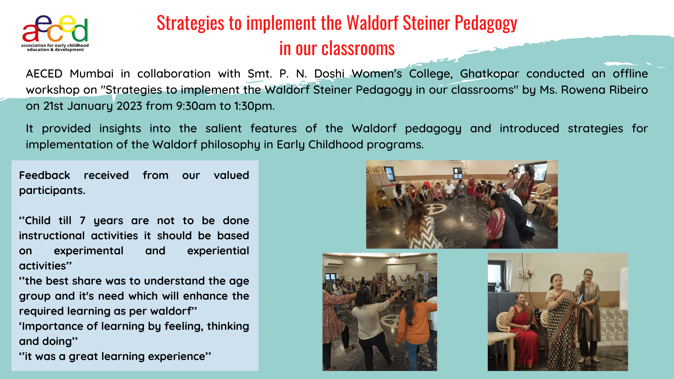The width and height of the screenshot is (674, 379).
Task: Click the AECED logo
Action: [x=55, y=33]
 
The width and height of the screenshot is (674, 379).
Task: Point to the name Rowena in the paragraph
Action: [x=583, y=90]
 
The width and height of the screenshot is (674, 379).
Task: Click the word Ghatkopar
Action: [x=489, y=74]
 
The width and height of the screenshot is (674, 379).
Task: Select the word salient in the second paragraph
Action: [x=223, y=128]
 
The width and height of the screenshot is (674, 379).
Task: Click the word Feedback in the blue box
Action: [x=45, y=175]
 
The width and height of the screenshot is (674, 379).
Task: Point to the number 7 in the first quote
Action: [x=82, y=221]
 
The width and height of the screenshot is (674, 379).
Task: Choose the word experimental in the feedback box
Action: [x=88, y=251]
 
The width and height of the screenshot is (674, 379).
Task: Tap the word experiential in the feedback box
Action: [x=218, y=251]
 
